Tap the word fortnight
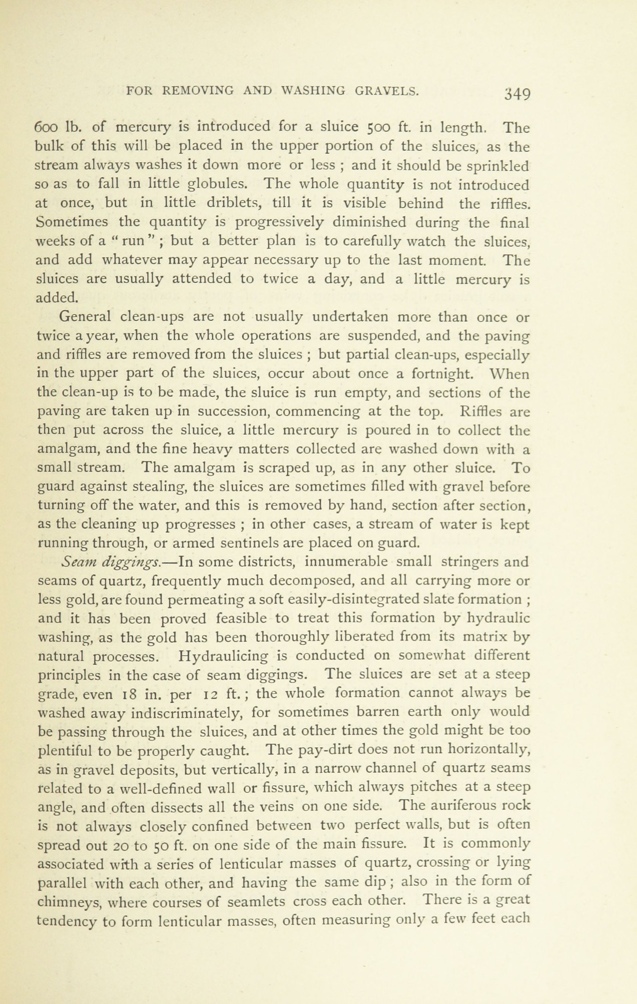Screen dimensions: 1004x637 (x=442, y=373)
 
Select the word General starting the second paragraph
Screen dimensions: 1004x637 (x=85, y=317)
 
